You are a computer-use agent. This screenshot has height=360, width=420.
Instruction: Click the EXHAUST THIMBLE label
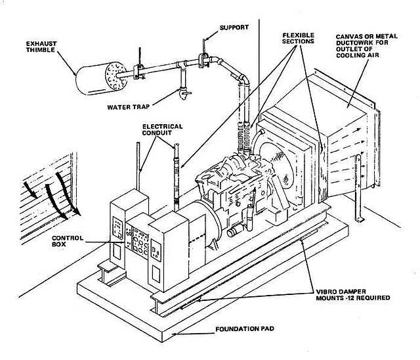[x=41, y=47]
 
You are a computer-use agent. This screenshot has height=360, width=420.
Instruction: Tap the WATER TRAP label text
[x=129, y=107]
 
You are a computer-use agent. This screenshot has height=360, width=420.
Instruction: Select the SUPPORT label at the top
[x=234, y=28]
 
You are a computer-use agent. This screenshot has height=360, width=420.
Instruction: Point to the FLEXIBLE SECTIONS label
[x=298, y=38]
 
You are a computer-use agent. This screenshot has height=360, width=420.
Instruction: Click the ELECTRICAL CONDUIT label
[x=162, y=129]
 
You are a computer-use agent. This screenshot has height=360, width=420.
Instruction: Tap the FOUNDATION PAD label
[x=245, y=328]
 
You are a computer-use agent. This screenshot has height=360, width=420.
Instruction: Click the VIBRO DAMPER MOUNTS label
[x=353, y=294]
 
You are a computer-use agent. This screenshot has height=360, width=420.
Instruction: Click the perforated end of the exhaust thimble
[x=115, y=76]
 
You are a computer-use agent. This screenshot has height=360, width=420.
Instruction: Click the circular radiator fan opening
[x=276, y=165]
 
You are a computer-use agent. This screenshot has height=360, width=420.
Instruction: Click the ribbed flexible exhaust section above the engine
[x=244, y=137]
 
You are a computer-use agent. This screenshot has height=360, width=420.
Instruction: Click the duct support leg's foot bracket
[x=360, y=219]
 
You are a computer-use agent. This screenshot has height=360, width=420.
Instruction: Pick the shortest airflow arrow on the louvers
[x=30, y=190]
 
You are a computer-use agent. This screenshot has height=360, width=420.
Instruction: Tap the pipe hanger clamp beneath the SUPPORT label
[x=203, y=60]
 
